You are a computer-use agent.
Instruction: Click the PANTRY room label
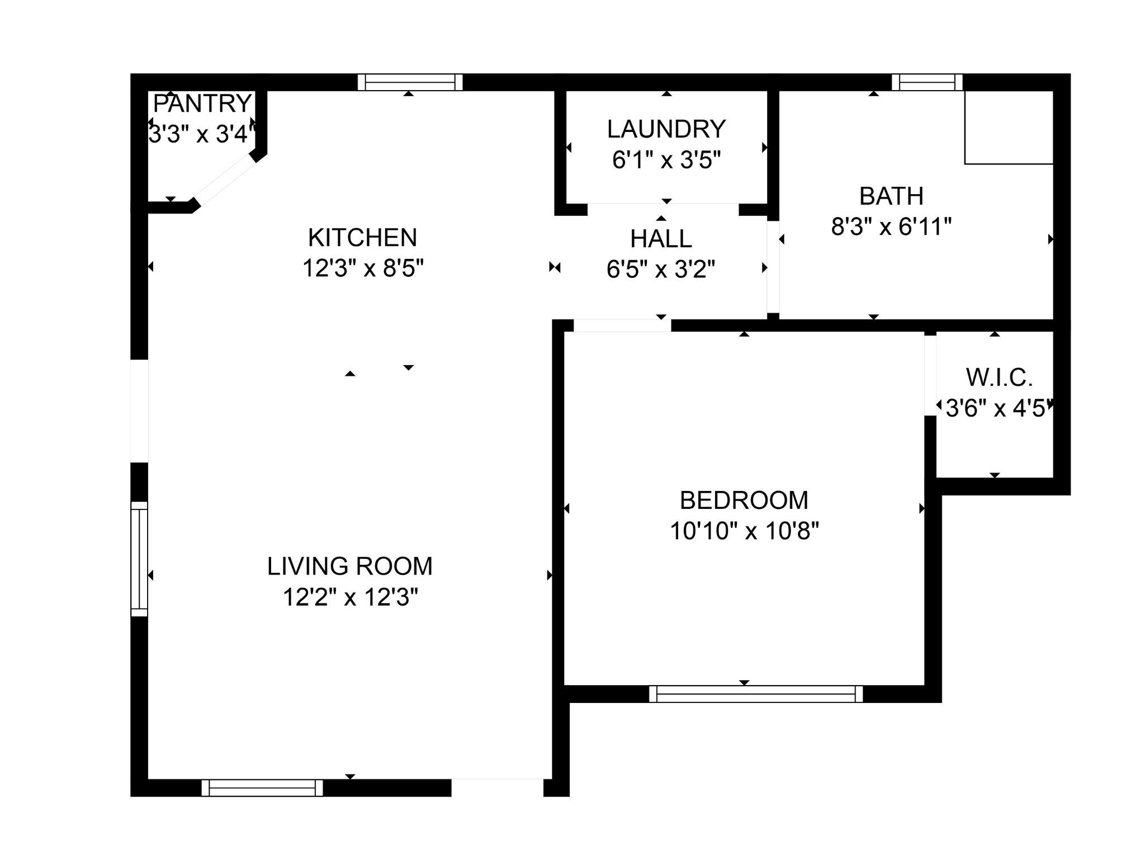[202, 103]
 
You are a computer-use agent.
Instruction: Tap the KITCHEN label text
[362, 238]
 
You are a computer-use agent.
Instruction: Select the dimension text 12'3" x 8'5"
[363, 268]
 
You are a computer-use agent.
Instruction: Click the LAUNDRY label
[666, 129]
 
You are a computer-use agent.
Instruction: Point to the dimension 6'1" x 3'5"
[666, 161]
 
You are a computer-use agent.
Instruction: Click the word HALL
[661, 239]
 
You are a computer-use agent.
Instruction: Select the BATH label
[891, 196]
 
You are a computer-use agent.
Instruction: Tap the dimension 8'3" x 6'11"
[891, 227]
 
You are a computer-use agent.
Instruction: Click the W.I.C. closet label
[999, 378]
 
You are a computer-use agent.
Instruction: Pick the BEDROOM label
[744, 500]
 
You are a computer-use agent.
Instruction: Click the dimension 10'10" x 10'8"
[744, 531]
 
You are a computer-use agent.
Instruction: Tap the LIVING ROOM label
[350, 567]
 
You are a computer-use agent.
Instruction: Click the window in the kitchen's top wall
[410, 83]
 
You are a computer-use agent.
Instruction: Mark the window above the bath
[926, 83]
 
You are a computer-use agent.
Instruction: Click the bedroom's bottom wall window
[756, 694]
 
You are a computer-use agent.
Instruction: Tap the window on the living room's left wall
[139, 559]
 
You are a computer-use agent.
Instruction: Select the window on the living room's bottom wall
[262, 788]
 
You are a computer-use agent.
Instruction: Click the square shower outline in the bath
[1009, 128]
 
